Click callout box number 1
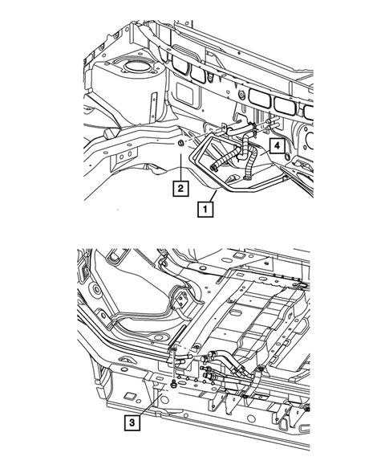pos(206,211)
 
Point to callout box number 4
pos(275,145)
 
